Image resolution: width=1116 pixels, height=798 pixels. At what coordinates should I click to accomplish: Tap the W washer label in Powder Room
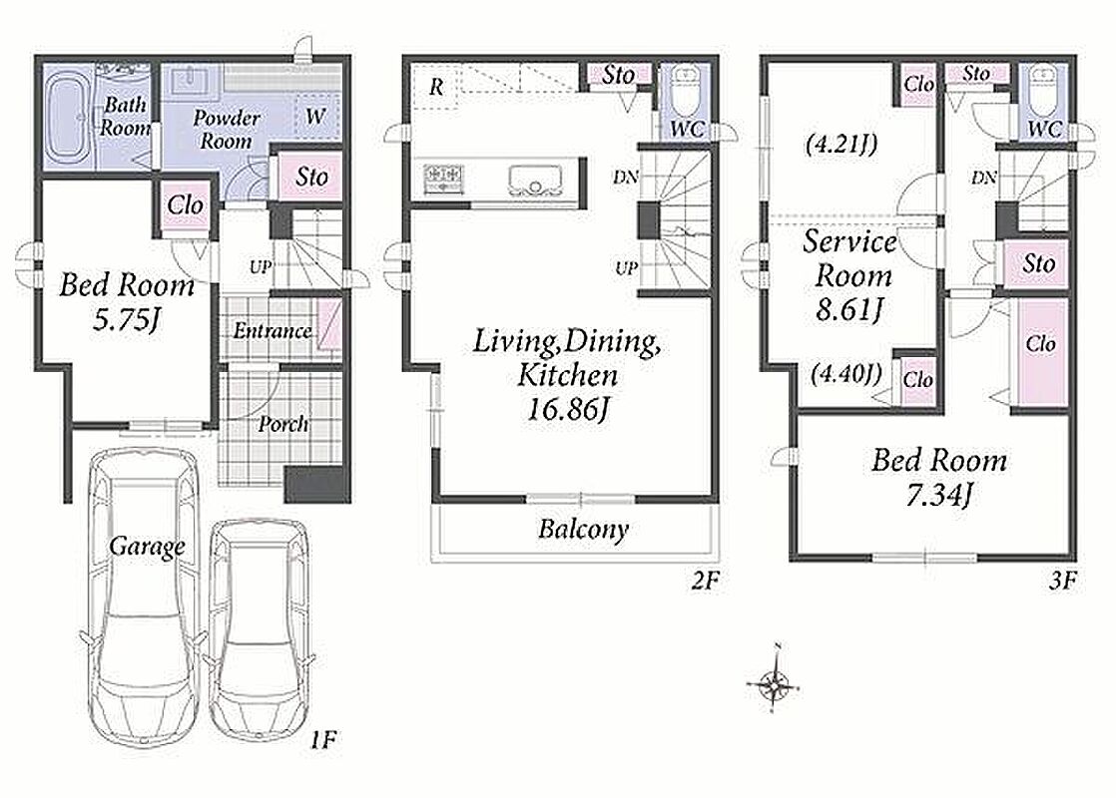(316, 116)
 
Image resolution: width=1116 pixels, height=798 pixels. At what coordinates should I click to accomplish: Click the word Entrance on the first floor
(273, 331)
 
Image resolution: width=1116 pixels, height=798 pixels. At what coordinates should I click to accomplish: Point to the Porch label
(283, 424)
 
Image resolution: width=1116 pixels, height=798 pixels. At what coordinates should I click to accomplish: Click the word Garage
(148, 547)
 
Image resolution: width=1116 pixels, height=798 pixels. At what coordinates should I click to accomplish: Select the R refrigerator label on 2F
(436, 88)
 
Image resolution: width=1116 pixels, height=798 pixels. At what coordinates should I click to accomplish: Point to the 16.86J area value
(567, 409)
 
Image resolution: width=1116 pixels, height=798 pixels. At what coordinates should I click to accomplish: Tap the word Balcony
(584, 529)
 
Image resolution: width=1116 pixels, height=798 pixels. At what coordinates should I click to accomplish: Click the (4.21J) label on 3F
(840, 145)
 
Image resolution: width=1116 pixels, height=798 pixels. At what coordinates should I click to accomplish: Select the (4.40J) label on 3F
(845, 373)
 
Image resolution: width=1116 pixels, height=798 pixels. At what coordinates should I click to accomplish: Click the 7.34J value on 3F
(938, 495)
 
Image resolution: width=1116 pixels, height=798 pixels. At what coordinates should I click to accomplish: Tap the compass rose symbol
(774, 684)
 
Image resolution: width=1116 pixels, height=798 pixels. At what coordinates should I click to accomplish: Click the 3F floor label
(1062, 582)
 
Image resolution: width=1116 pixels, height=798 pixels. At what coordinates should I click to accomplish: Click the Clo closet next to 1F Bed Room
(186, 205)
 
